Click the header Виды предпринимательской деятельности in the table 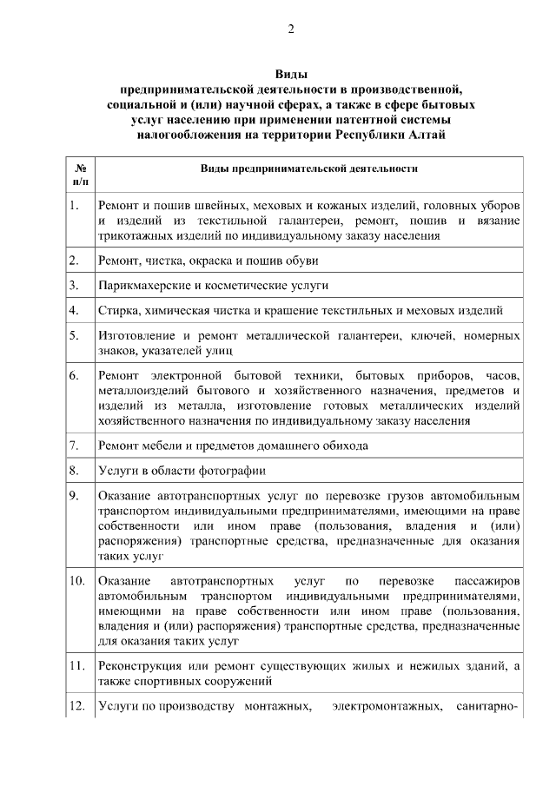(x=308, y=168)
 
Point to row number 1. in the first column (x=76, y=206)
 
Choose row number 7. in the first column (x=76, y=446)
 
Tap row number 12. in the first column (x=77, y=705)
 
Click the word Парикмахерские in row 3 (x=140, y=285)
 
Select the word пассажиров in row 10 (x=486, y=580)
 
